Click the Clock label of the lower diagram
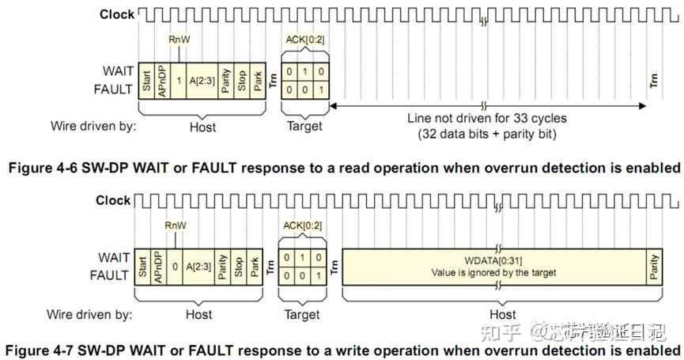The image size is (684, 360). (x=113, y=200)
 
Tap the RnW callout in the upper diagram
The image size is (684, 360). (x=180, y=39)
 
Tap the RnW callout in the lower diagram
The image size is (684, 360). (x=176, y=225)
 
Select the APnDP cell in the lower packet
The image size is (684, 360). (x=158, y=267)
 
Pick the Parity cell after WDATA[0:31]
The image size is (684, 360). (x=653, y=267)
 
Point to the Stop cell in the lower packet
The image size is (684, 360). (x=240, y=267)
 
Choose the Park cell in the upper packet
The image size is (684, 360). (x=258, y=80)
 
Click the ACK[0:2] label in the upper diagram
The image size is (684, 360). (x=305, y=39)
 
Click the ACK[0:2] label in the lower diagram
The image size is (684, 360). (x=301, y=225)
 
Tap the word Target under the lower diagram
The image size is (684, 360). (x=301, y=314)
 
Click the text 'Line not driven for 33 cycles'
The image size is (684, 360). (x=487, y=119)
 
